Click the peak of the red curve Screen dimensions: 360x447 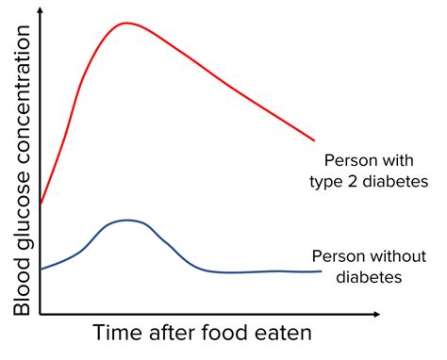click(124, 23)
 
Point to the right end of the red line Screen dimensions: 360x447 click(314, 140)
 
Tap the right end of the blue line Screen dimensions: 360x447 click(321, 271)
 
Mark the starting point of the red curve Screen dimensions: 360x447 click(41, 203)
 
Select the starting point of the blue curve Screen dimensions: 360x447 click(41, 270)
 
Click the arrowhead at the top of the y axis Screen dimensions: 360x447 click(41, 8)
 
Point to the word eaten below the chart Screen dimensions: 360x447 click(282, 335)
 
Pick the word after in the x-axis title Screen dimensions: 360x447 click(174, 335)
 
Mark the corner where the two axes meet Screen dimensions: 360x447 click(41, 314)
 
